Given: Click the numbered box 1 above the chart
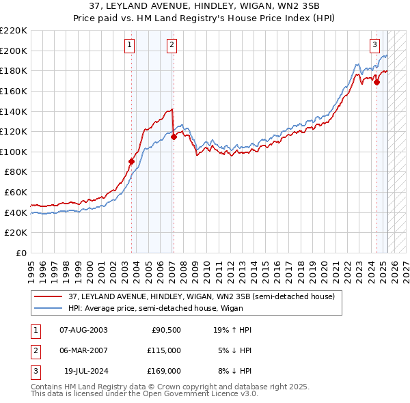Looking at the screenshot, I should tap(130, 46).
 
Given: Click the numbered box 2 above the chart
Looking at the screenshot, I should tap(171, 46).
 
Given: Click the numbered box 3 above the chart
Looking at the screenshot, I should tap(375, 46).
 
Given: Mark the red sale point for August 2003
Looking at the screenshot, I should tap(132, 162).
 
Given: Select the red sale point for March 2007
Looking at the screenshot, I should tap(174, 137).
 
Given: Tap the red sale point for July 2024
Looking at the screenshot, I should tap(377, 82).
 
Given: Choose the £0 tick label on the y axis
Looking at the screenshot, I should tap(20, 253).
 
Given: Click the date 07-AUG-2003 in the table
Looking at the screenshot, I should tap(83, 330).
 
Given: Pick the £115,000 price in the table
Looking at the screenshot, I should tap(165, 350).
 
